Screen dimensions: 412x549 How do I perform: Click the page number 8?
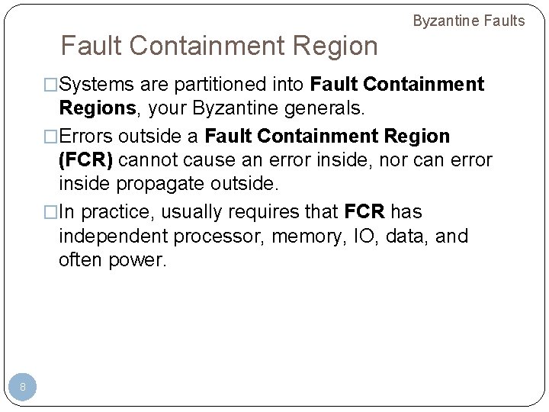click(23, 388)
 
